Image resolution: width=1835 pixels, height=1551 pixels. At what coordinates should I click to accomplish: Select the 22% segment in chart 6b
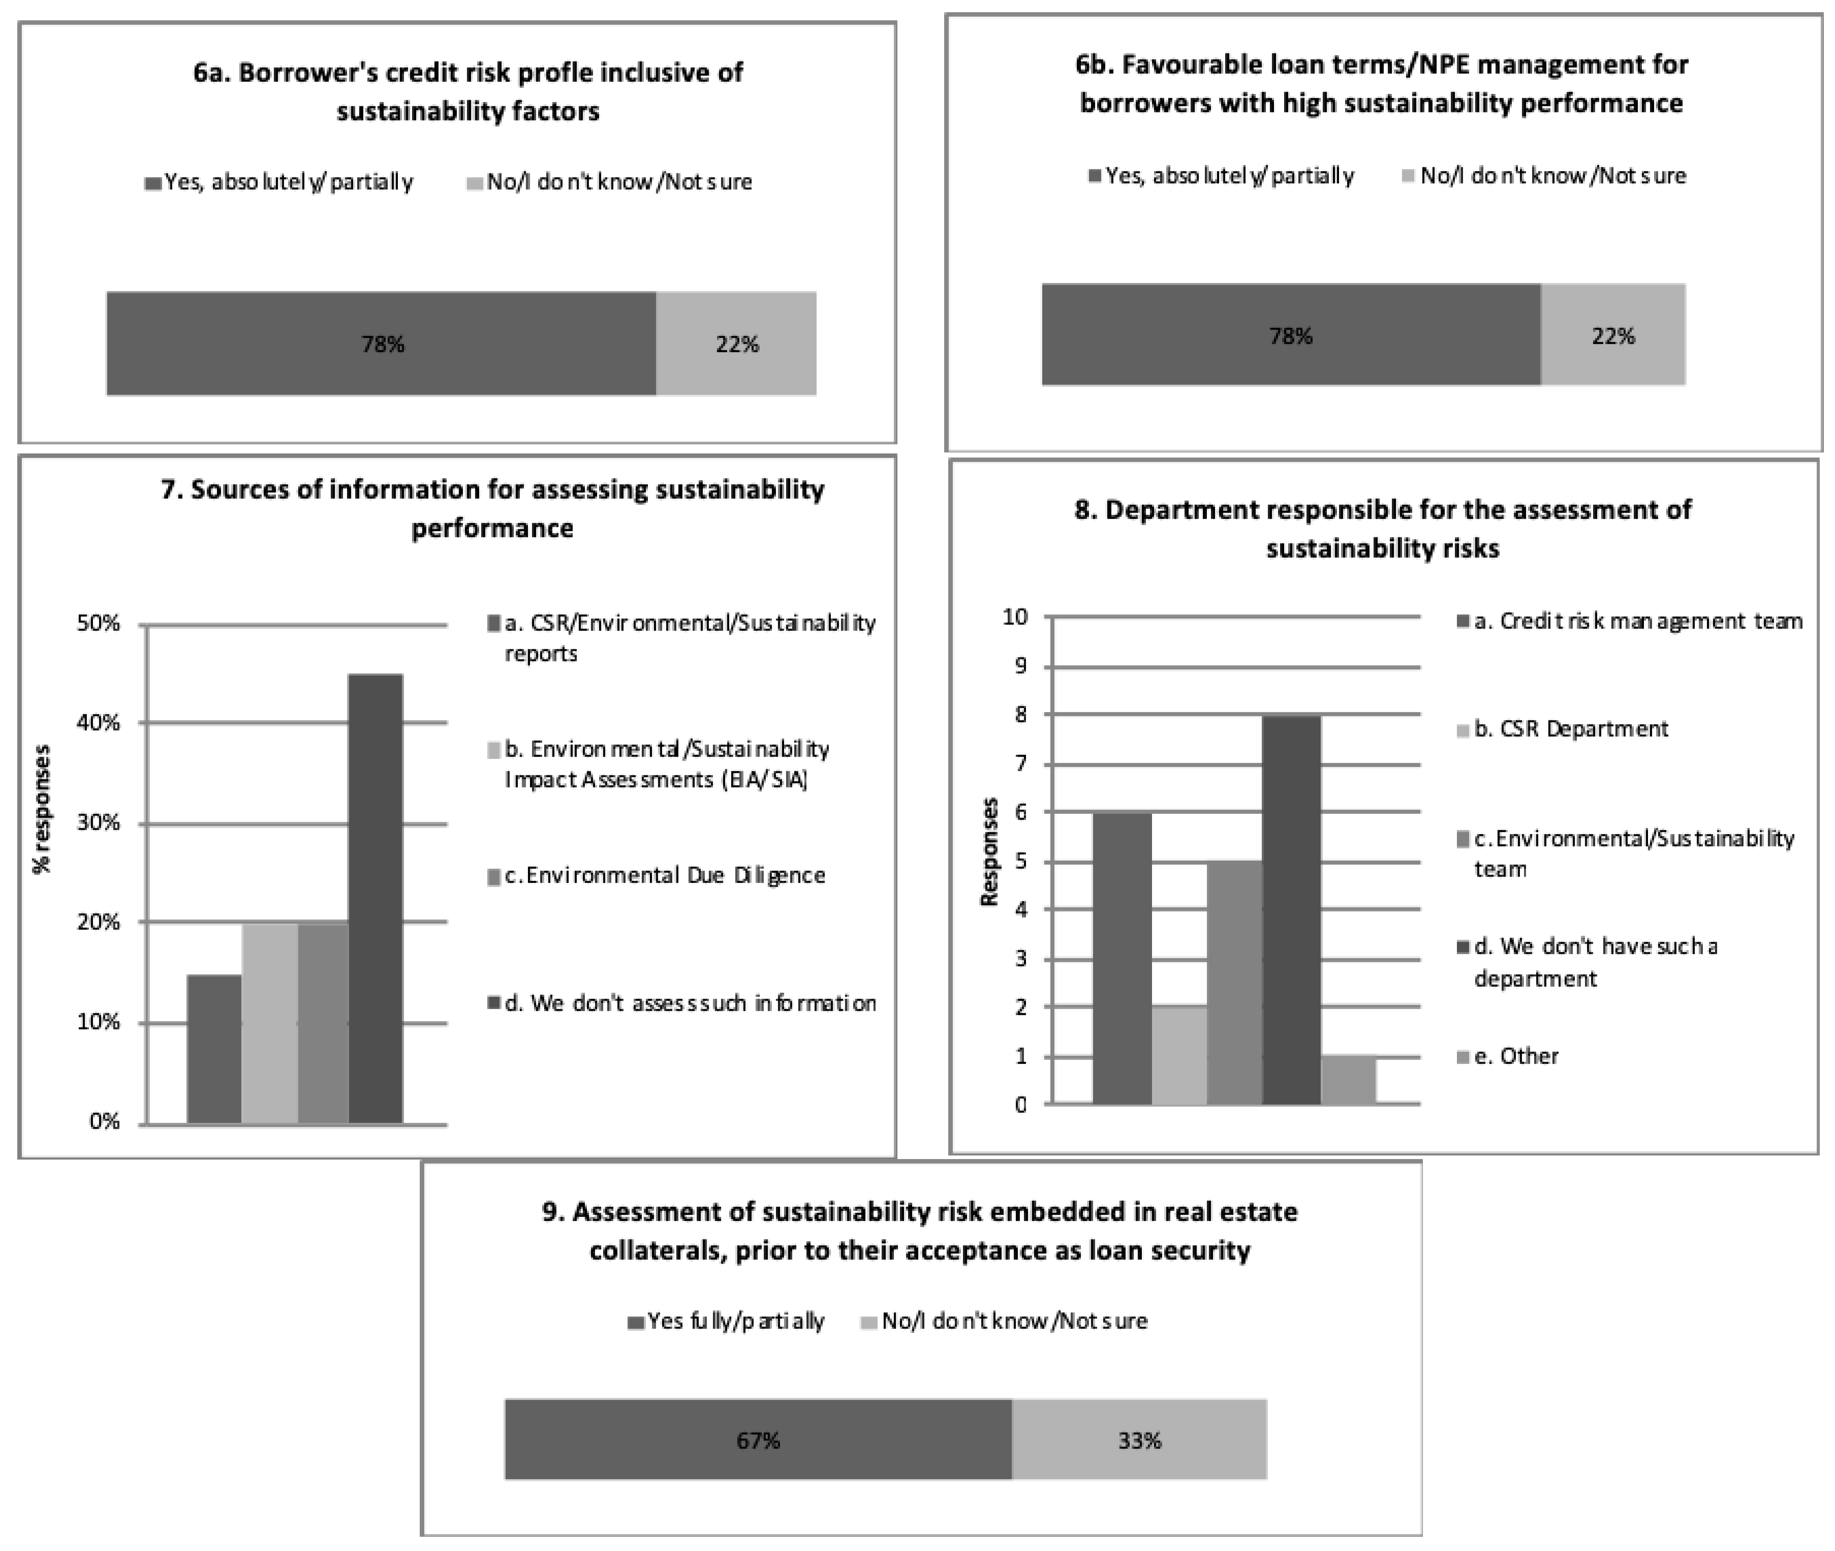1612,335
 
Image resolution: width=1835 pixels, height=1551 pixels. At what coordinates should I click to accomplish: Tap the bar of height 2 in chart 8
1179,1055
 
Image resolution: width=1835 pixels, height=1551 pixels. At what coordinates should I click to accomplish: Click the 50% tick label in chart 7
99,623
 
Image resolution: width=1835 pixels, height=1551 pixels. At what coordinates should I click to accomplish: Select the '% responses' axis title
41,809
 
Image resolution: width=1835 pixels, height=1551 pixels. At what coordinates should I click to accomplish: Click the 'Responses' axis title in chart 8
989,851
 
